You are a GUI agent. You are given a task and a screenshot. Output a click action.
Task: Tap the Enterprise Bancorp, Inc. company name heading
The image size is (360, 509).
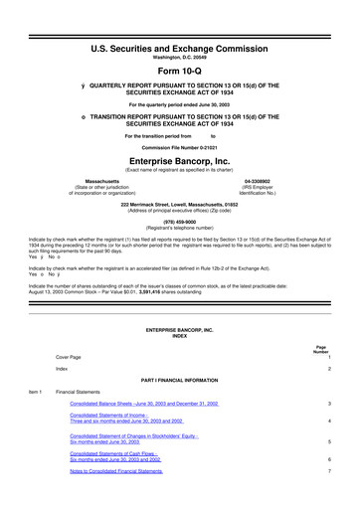coord(180,158)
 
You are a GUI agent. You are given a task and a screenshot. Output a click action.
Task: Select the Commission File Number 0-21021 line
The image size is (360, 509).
coord(180,145)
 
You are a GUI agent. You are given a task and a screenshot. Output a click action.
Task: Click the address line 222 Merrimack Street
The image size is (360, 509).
coord(180,202)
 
